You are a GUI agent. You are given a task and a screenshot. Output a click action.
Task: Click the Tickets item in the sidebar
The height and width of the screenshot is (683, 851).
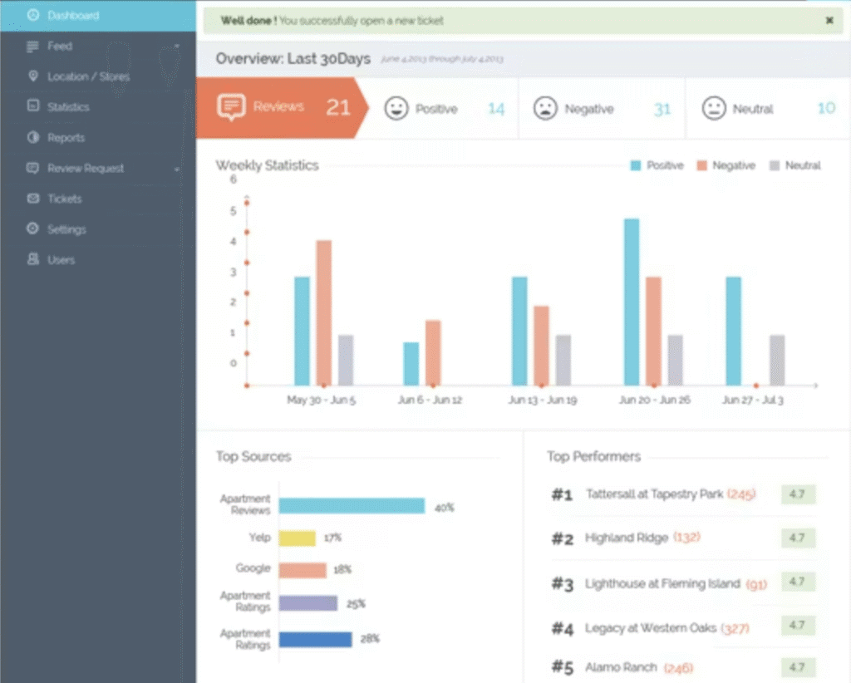click(64, 199)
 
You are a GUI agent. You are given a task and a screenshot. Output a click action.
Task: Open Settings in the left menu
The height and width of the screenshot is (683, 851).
click(66, 229)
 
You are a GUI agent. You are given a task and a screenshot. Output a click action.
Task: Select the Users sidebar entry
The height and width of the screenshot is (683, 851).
click(61, 260)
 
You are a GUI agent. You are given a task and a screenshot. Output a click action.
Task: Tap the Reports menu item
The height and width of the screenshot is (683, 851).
click(66, 138)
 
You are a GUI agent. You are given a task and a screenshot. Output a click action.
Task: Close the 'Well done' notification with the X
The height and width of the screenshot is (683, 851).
click(829, 21)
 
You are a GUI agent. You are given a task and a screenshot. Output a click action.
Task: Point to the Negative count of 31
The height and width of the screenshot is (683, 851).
click(662, 109)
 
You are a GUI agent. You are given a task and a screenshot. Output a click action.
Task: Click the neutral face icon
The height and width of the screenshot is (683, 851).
click(714, 109)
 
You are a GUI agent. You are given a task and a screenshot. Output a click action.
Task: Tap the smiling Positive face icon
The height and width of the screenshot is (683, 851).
click(396, 109)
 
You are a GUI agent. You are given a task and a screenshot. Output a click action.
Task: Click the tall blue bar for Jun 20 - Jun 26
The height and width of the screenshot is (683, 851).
click(632, 302)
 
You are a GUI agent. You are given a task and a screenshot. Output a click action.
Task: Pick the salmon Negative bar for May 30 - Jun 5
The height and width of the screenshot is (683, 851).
click(324, 312)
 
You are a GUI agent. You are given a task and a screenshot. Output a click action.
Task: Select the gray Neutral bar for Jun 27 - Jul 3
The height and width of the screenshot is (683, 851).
click(777, 360)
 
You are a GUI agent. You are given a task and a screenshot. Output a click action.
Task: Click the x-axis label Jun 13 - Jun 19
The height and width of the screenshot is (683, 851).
click(542, 400)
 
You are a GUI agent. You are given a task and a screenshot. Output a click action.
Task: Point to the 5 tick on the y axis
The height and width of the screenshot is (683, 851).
click(234, 210)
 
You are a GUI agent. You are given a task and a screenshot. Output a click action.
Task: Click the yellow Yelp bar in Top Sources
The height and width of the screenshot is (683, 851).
click(297, 538)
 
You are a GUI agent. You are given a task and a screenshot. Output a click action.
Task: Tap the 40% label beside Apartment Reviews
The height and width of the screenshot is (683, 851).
click(444, 507)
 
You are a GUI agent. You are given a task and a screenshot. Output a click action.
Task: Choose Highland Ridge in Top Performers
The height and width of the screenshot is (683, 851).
click(626, 538)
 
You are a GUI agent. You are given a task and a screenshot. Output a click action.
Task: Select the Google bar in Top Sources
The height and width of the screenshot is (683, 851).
click(303, 570)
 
